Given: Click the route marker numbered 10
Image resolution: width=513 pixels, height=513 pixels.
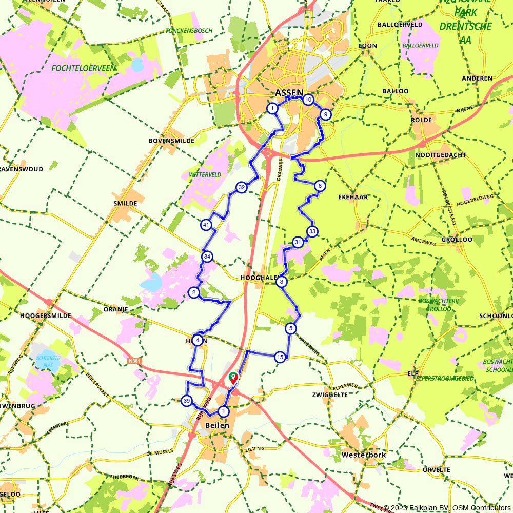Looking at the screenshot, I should point(308,100).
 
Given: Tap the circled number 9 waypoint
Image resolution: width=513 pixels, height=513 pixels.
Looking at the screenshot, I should point(325,115).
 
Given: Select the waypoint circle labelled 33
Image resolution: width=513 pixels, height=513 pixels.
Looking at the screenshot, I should point(312,231).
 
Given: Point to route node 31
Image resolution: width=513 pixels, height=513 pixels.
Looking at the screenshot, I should point(298,242).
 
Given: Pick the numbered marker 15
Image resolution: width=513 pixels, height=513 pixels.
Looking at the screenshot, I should point(280,357).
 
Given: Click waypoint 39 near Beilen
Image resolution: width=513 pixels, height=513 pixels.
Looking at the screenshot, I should point(187,401).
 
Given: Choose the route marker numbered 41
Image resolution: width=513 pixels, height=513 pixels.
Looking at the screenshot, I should point(206,225).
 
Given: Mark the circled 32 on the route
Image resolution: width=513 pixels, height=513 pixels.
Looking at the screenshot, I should point(241,188).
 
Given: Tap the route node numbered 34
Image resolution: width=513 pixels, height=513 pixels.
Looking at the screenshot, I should point(207,256).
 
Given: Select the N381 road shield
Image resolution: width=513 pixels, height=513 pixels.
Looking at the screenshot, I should point(134,361).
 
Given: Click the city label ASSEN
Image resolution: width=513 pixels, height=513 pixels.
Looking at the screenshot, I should point(289,93).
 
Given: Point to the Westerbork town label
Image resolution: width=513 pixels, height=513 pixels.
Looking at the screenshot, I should point(363,455).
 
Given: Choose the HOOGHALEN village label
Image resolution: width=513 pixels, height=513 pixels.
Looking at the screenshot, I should point(259,278).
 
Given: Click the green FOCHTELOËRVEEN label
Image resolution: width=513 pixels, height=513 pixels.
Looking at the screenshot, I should point(84,68).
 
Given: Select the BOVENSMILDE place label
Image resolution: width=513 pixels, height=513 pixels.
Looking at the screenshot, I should point(171,141).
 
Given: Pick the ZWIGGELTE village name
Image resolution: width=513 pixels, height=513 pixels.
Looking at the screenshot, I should point(330,395).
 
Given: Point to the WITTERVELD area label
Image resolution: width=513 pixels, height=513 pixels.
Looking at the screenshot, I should point(205,174).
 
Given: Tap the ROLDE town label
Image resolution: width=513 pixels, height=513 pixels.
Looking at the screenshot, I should point(421,120).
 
